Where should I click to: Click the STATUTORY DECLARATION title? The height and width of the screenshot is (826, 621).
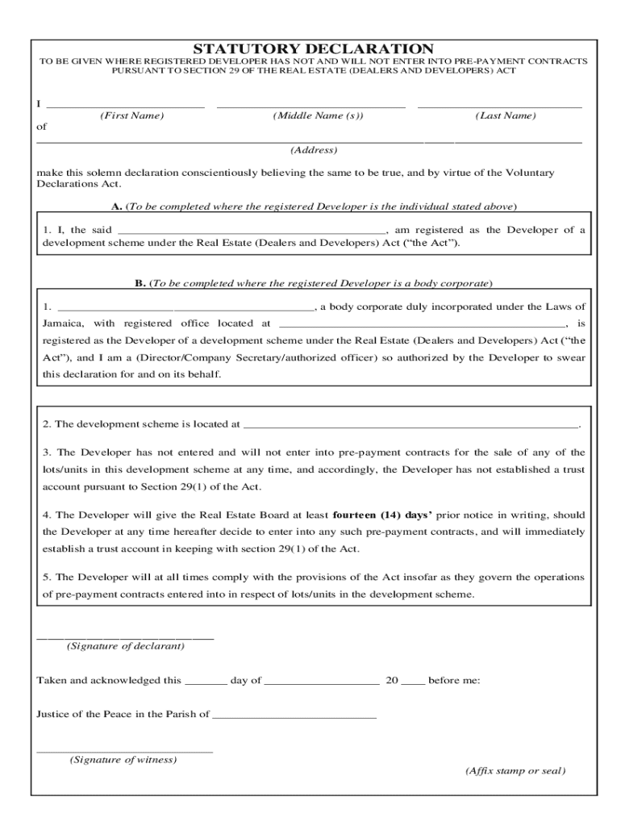[x=314, y=49]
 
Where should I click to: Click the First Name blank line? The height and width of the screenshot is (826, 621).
[x=125, y=106]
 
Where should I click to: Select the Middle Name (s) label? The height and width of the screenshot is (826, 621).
[x=318, y=116]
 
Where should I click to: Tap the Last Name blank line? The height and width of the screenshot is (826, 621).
[x=500, y=106]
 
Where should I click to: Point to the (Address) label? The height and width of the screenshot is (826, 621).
[x=314, y=150]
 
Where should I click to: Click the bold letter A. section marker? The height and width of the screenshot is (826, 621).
[x=118, y=206]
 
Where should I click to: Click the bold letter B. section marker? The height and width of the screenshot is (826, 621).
[x=140, y=283]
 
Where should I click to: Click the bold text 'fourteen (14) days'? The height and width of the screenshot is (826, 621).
[x=382, y=515]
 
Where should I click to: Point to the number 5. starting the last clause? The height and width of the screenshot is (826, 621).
[x=46, y=577]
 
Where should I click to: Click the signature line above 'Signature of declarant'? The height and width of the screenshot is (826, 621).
[x=125, y=638]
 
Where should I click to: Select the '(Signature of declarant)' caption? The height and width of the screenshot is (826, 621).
[x=126, y=646]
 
